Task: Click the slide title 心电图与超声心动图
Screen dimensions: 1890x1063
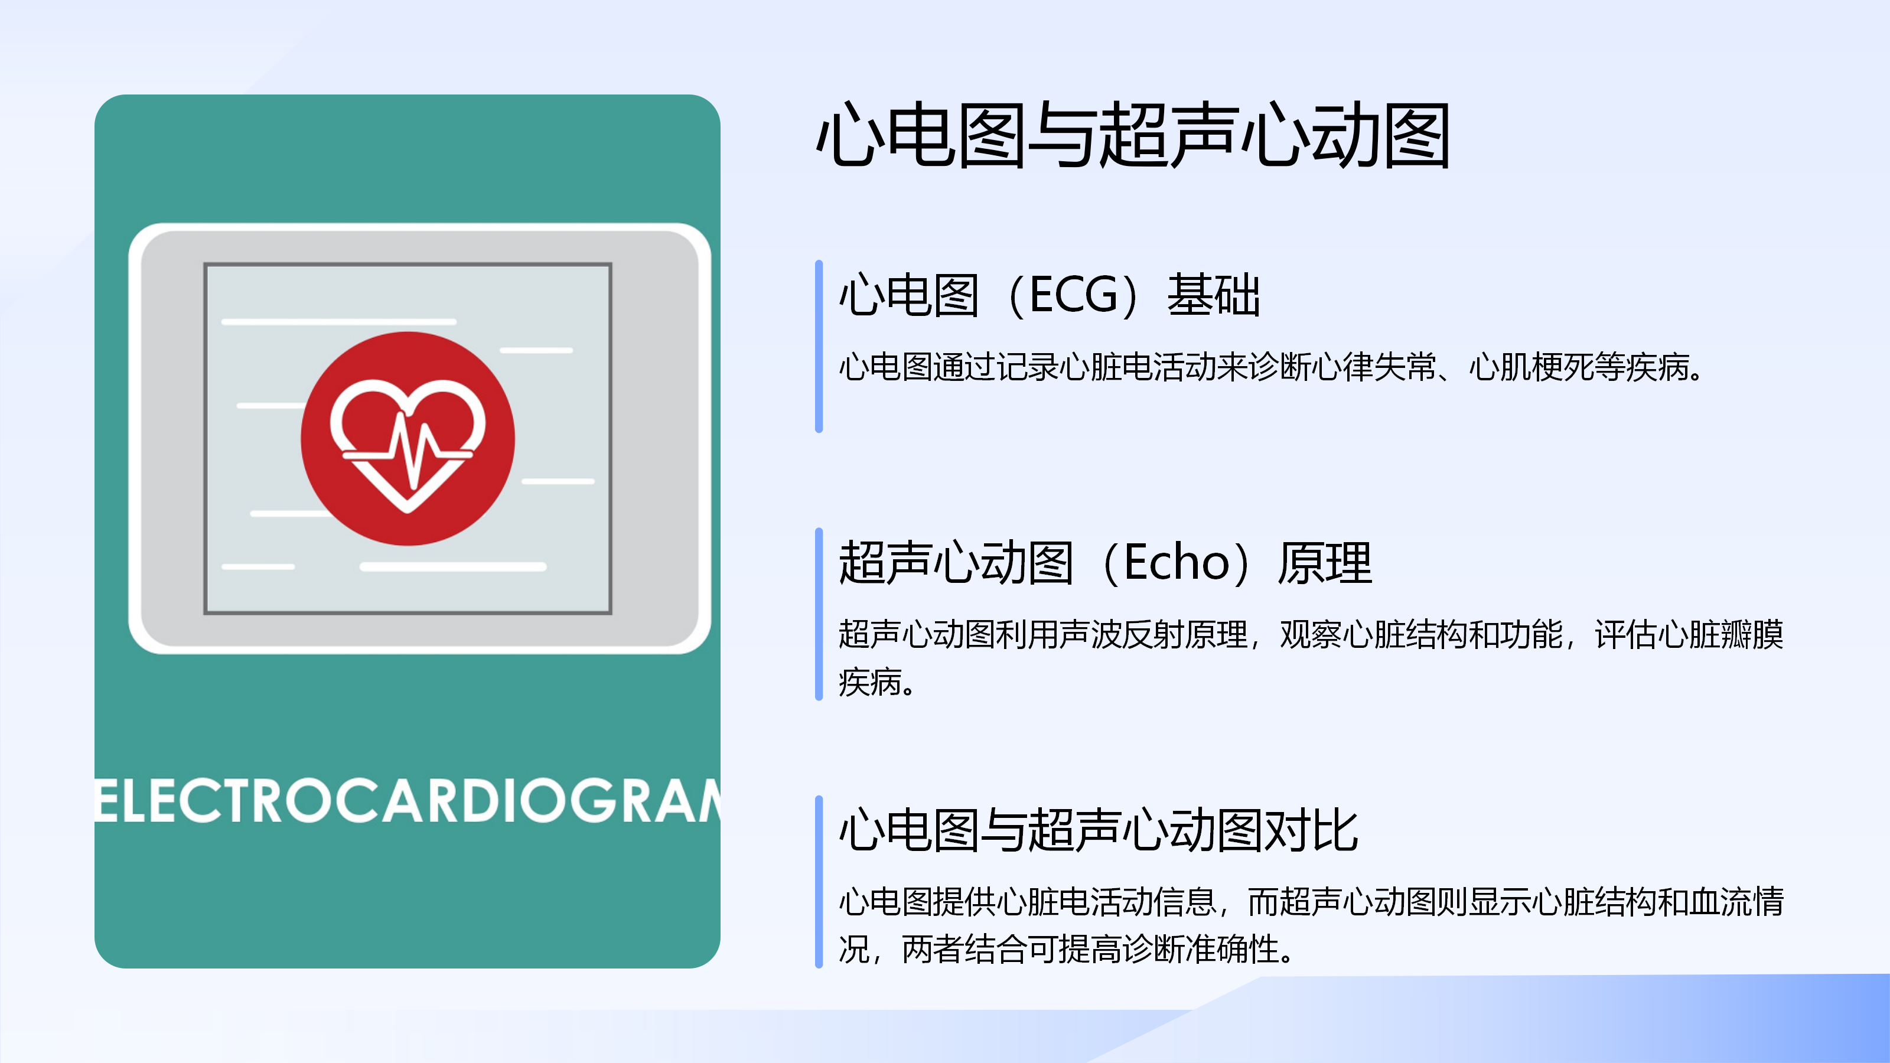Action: (x=1133, y=135)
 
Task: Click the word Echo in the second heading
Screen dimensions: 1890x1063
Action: (x=1177, y=563)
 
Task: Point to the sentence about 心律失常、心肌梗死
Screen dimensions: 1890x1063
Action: (x=1271, y=367)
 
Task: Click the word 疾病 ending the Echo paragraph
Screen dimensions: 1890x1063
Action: (x=870, y=682)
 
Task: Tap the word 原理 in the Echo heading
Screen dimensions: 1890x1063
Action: (x=1324, y=563)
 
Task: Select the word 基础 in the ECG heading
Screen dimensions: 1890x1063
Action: (x=1214, y=295)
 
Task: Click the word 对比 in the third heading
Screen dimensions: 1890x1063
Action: (x=1312, y=830)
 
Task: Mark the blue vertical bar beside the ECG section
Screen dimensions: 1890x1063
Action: (x=819, y=346)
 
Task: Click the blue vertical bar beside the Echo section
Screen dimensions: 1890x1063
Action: (x=819, y=614)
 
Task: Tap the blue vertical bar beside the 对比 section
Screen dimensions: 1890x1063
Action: (x=819, y=882)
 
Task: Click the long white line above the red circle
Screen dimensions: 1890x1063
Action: (x=339, y=321)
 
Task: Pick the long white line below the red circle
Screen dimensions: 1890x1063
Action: (x=452, y=566)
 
